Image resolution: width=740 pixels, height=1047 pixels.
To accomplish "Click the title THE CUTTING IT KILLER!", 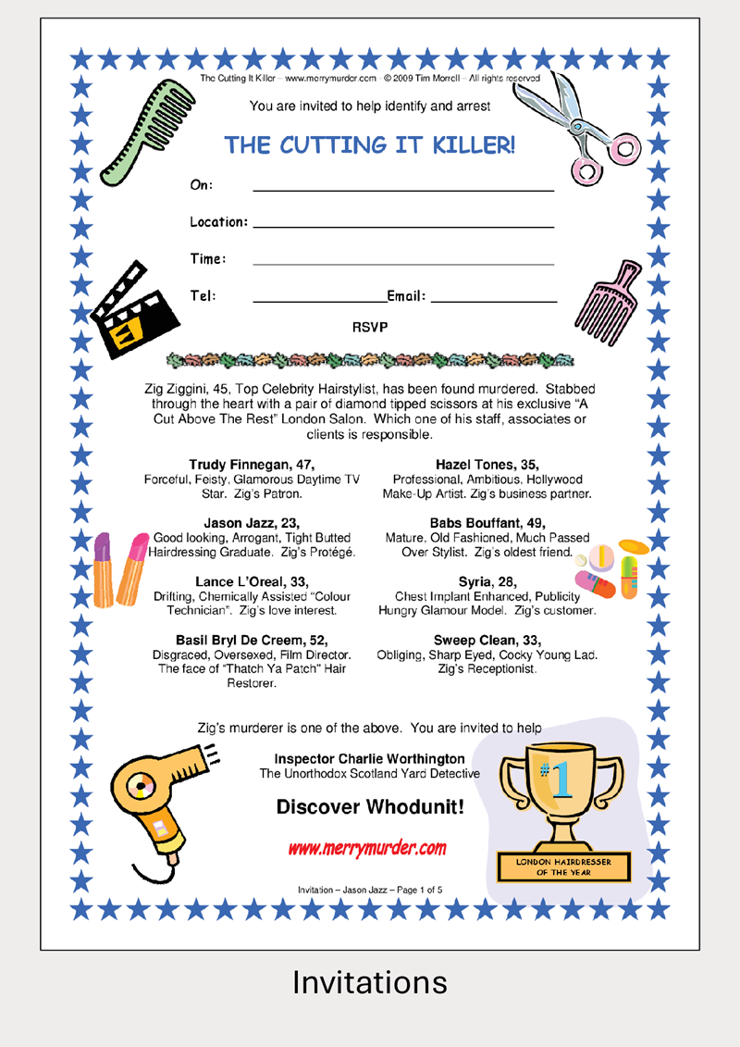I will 370,145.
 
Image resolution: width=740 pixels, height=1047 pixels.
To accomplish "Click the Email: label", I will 406,296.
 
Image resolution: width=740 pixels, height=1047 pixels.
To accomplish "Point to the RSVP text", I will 370,327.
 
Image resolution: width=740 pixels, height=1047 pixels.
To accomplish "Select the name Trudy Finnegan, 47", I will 252,465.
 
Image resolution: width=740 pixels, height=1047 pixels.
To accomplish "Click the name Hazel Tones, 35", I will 487,465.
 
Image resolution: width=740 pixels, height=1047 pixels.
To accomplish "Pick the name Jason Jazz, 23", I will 252,524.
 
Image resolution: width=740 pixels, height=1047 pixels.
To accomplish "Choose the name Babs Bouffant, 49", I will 487,524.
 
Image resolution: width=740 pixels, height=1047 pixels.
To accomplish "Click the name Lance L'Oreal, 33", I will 252,581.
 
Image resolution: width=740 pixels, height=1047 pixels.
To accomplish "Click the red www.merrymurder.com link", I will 367,848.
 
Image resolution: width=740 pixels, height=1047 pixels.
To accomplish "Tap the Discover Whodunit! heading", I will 370,808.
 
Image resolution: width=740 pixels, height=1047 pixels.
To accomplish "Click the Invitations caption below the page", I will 370,982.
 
